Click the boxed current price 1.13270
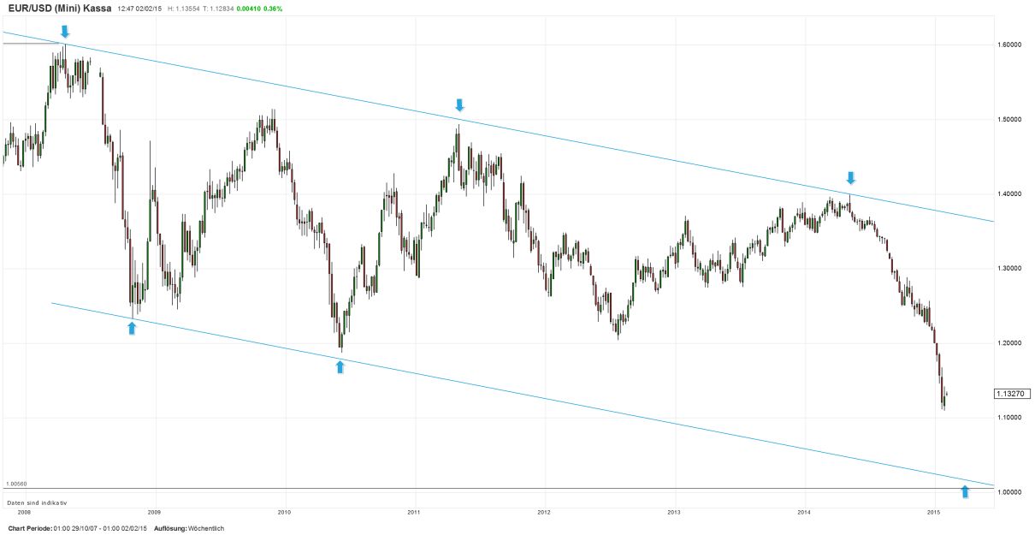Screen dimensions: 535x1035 1012,394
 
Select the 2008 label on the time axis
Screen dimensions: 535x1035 24,512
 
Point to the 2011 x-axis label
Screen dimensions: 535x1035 414,512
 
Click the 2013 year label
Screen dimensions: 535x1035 674,512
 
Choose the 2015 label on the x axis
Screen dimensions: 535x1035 934,512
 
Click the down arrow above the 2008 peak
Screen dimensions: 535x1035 65,32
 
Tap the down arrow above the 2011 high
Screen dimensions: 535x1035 459,104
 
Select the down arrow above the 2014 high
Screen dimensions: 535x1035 850,177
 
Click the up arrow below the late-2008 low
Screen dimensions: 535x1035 132,327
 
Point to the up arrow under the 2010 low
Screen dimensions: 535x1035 340,367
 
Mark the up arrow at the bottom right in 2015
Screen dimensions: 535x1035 965,490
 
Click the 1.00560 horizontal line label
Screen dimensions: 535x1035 17,484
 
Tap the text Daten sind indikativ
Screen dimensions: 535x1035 36,502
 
